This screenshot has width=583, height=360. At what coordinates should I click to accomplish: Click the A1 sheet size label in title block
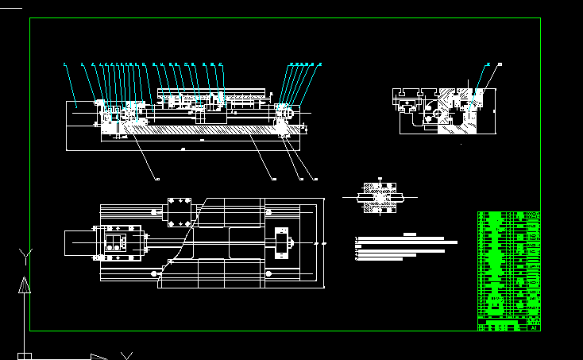click(535, 326)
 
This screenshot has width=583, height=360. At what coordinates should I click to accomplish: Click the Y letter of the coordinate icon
click(26, 254)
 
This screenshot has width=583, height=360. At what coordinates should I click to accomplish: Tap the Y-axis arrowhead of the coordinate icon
click(25, 285)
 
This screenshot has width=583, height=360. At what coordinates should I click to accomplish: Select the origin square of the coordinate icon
click(25, 355)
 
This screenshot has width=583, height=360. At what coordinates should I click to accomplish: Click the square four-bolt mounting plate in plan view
click(180, 212)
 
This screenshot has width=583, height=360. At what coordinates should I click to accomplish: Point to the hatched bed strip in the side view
click(199, 129)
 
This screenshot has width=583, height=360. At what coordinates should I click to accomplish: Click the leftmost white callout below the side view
click(156, 179)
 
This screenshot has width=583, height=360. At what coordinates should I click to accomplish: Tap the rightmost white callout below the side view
click(316, 179)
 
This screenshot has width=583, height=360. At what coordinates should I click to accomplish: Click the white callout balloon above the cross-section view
click(500, 64)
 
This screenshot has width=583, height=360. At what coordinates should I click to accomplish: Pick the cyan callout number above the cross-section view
click(487, 64)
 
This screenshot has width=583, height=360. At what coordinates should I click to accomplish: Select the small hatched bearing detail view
click(380, 198)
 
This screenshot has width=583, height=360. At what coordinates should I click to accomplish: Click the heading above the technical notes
click(410, 234)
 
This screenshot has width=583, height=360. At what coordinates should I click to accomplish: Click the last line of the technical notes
click(380, 258)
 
